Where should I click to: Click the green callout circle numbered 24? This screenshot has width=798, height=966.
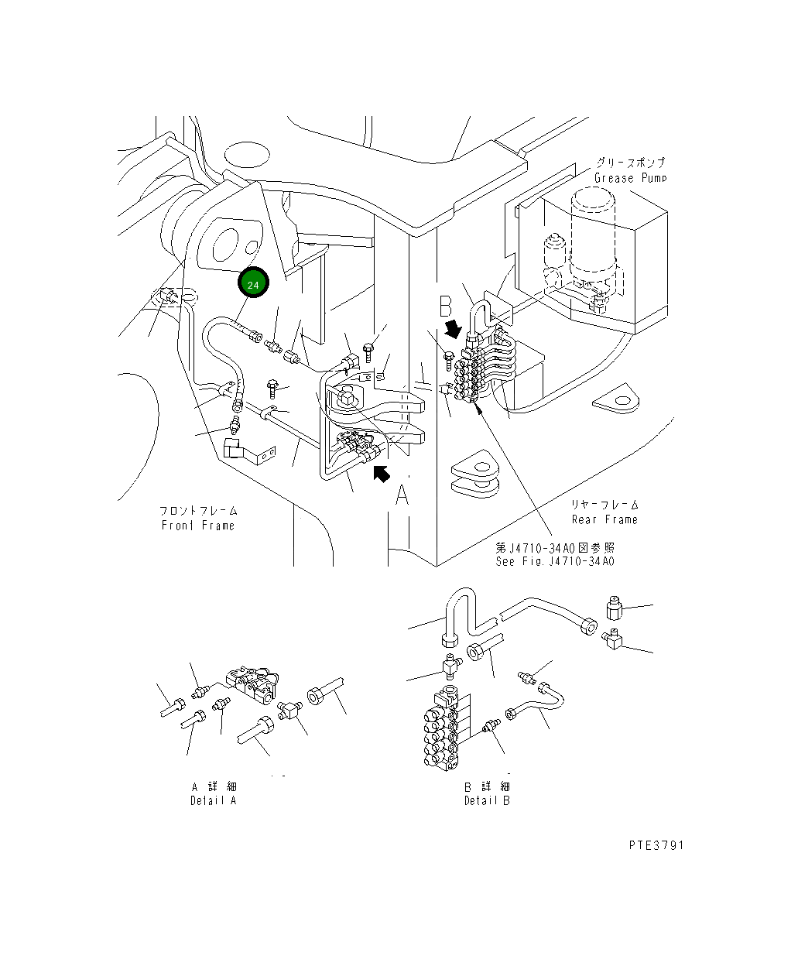click(x=253, y=283)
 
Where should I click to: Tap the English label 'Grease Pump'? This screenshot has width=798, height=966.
click(x=631, y=178)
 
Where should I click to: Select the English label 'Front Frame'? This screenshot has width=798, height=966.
click(x=198, y=526)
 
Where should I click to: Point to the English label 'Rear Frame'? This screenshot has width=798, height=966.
click(x=604, y=519)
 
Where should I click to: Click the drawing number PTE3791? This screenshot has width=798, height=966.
click(x=656, y=846)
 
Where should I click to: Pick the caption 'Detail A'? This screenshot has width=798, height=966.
click(x=214, y=801)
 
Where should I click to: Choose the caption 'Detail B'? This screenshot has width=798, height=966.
click(x=487, y=801)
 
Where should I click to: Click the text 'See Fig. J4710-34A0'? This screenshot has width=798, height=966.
click(x=555, y=561)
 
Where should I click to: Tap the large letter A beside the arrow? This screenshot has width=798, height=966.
click(x=402, y=495)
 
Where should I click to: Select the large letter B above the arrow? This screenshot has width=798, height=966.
click(x=445, y=306)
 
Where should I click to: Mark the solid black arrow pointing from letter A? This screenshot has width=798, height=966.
click(x=382, y=474)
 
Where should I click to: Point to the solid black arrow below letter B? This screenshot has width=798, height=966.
click(x=453, y=330)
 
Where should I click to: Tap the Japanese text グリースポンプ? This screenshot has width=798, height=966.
click(x=631, y=163)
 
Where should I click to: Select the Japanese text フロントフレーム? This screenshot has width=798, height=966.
click(x=198, y=511)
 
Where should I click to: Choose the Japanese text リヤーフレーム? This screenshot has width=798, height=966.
click(x=604, y=504)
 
